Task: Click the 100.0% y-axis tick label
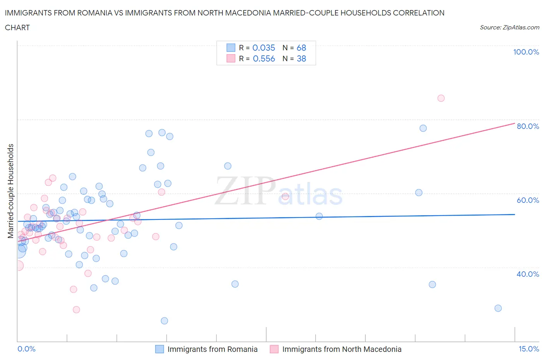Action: pos(526,52)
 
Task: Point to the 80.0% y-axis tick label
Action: pos(528,126)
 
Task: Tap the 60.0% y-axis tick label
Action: pos(528,200)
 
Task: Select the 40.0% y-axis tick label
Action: pos(528,274)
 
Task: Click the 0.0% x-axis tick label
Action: pos(26,349)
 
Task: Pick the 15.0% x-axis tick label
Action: pos(529,349)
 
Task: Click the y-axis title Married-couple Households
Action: pos(11,191)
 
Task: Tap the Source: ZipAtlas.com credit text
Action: pos(509,27)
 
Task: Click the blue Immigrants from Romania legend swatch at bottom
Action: pos(159,349)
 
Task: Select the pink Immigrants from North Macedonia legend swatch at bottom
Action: pos(274,349)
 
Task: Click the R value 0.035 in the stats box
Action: pos(263,48)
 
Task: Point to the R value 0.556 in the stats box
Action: pos(263,58)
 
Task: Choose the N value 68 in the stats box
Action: pos(301,48)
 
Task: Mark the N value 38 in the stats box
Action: pos(301,58)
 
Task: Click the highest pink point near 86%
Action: pos(441,98)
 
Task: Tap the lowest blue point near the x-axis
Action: pos(164,321)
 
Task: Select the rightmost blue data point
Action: pos(498,308)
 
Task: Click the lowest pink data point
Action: pos(76,310)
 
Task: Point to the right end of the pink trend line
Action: pos(515,123)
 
